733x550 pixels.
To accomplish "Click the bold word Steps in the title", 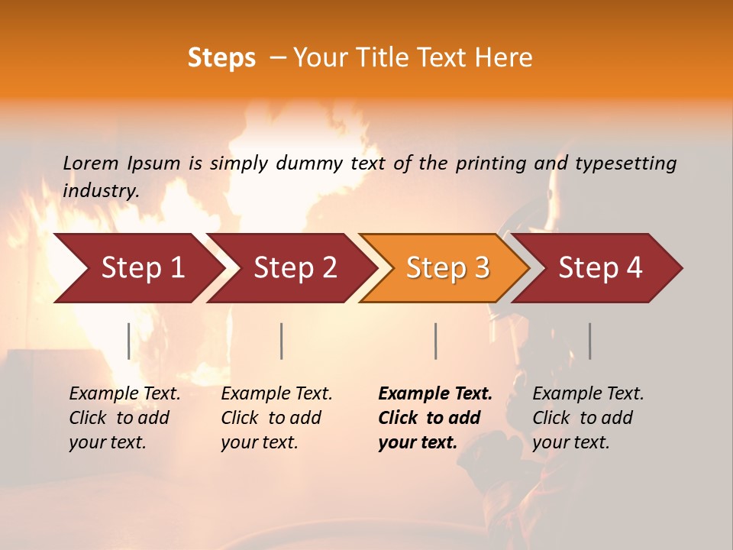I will click(221, 58).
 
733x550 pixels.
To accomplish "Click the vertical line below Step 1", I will click(129, 341).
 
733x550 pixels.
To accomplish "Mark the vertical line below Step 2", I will click(282, 341).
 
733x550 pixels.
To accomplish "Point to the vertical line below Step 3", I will click(436, 341).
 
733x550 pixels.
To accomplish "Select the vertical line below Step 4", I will click(590, 341).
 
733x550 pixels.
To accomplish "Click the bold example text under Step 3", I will click(435, 418).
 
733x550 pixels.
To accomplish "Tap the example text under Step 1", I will click(124, 418).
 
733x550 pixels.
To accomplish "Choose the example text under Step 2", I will click(276, 418).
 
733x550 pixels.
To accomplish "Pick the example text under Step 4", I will click(588, 418).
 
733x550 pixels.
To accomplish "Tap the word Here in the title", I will click(507, 58).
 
